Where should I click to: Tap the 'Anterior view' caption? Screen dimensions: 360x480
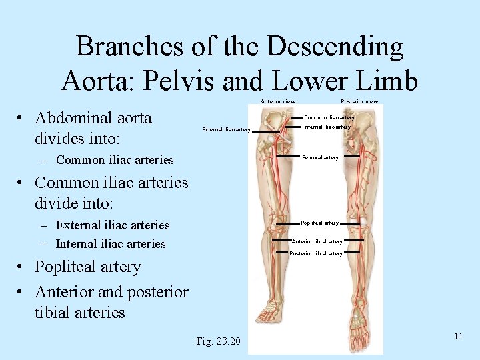pyautogui.click(x=277, y=101)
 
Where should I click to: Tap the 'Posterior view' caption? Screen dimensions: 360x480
pyautogui.click(x=359, y=101)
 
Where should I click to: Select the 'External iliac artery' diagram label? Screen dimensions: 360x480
pyautogui.click(x=226, y=129)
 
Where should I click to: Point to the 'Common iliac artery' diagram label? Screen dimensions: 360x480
pyautogui.click(x=329, y=117)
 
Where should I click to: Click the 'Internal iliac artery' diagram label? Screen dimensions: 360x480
pyautogui.click(x=327, y=127)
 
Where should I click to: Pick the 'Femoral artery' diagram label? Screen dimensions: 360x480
pyautogui.click(x=321, y=157)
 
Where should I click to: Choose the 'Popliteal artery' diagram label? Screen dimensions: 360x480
pyautogui.click(x=320, y=223)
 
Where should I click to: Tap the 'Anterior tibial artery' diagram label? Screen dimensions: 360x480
pyautogui.click(x=317, y=241)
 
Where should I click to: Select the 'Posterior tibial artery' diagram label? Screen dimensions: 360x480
pyautogui.click(x=316, y=253)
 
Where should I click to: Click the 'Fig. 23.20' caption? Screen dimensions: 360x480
pyautogui.click(x=219, y=342)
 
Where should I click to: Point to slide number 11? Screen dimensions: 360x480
pyautogui.click(x=458, y=336)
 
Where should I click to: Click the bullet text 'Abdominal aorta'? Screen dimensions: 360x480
pyautogui.click(x=93, y=118)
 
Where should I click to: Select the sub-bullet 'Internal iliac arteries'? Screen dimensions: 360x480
pyautogui.click(x=111, y=243)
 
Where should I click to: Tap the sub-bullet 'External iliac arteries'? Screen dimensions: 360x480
pyautogui.click(x=113, y=225)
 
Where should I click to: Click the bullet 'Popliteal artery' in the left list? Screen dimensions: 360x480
pyautogui.click(x=88, y=267)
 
